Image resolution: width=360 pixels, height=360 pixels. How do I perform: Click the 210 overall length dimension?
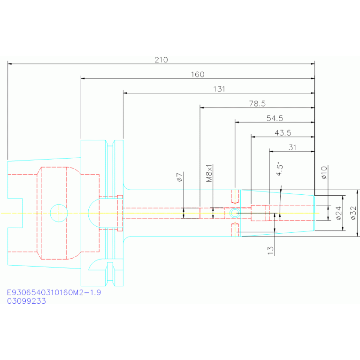(x=161, y=60)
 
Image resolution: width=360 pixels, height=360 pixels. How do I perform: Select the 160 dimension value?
(x=198, y=74)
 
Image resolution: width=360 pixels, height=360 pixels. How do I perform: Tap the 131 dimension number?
(x=219, y=89)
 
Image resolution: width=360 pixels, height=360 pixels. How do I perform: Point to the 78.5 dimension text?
(x=257, y=104)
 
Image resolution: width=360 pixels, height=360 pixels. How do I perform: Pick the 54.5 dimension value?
(x=275, y=118)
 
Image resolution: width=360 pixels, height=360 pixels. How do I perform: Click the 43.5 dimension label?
(x=283, y=133)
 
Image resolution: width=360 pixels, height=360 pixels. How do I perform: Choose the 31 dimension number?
(x=292, y=147)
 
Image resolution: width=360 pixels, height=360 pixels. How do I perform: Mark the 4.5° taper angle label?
(x=279, y=170)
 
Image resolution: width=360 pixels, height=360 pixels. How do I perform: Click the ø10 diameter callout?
(x=324, y=173)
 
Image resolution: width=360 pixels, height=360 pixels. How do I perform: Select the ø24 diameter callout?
(x=339, y=213)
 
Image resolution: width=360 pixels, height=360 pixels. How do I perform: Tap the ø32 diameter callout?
(x=353, y=213)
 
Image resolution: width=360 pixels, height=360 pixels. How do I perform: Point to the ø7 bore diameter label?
(x=180, y=177)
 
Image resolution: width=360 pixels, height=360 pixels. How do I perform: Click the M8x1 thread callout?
(x=209, y=173)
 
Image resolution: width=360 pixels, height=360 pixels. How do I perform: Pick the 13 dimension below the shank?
(x=271, y=250)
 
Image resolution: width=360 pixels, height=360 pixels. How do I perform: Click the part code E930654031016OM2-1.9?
(x=54, y=292)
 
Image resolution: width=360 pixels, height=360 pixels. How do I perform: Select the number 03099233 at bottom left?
(x=26, y=301)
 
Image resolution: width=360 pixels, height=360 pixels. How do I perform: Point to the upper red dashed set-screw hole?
(x=235, y=197)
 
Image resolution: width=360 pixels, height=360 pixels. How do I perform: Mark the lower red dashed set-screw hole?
(x=235, y=230)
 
